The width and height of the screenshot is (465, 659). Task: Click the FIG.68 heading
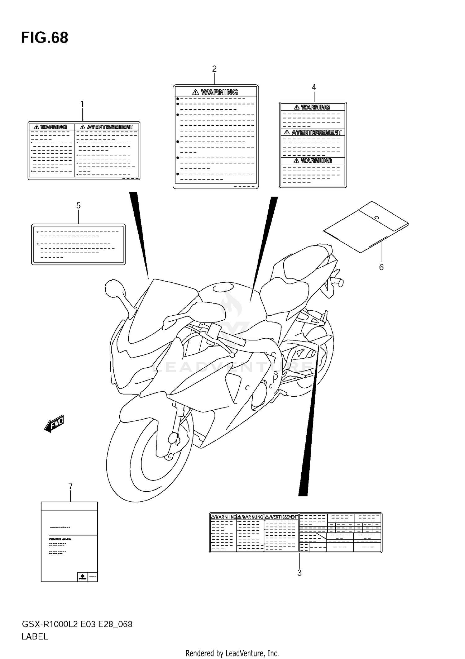click(45, 38)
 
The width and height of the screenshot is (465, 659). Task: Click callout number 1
click(82, 105)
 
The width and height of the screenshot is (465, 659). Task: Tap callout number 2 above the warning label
click(214, 69)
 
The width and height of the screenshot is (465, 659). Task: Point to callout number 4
click(314, 88)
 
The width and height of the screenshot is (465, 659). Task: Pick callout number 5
click(78, 206)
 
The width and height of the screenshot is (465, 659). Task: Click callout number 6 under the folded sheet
click(381, 267)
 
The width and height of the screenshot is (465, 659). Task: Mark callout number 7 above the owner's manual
click(70, 486)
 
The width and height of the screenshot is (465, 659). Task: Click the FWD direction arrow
click(54, 424)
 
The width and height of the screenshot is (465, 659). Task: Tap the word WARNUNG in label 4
click(316, 161)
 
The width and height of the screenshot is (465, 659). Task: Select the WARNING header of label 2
click(219, 92)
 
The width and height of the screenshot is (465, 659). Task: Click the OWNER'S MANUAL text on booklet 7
click(60, 539)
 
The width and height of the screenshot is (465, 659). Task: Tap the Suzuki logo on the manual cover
click(82, 577)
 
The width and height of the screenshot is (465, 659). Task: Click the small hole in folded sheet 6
click(377, 217)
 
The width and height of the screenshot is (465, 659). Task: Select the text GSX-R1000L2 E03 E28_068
click(77, 624)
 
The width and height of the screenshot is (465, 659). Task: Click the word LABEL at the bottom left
click(35, 637)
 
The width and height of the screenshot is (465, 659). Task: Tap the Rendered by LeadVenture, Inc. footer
click(232, 653)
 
